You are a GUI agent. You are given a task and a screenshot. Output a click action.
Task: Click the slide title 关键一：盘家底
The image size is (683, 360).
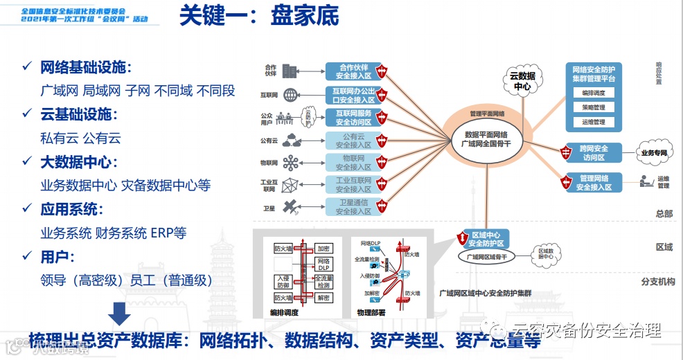point(259,17)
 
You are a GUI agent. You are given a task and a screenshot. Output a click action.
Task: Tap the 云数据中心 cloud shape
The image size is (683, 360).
point(522,80)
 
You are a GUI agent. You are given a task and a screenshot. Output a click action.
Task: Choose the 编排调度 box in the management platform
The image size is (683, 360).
point(593,93)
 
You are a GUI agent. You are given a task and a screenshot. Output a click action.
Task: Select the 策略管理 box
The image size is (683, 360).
point(593,107)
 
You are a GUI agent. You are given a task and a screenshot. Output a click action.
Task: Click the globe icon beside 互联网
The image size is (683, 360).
point(290,94)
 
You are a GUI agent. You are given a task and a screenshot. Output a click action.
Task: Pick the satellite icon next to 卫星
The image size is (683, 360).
point(291,206)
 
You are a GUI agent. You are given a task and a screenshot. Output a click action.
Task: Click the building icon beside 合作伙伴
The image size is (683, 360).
point(290,71)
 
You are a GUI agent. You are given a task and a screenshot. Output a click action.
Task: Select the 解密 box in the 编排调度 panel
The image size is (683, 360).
point(323,298)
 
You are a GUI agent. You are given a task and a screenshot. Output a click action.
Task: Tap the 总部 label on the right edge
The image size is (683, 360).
point(664,214)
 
